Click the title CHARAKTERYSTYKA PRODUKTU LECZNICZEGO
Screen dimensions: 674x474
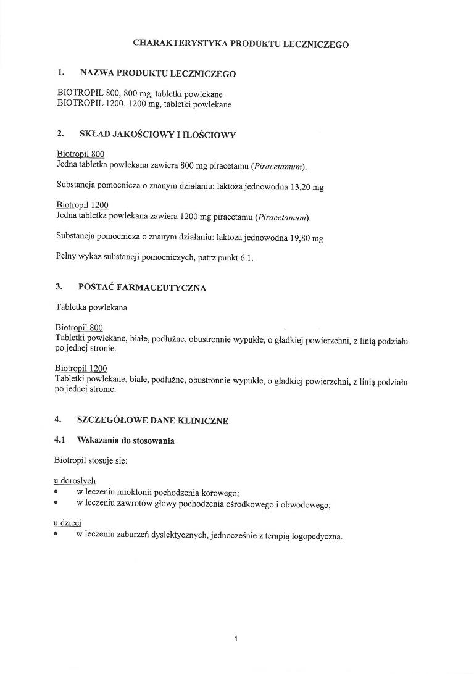tap(241, 44)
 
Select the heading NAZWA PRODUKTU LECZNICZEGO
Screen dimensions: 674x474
tap(158, 73)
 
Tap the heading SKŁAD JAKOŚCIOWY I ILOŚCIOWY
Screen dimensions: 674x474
tap(157, 134)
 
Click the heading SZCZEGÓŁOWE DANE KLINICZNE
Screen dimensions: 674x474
tap(152, 421)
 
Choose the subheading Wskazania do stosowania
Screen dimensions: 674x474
tap(125, 441)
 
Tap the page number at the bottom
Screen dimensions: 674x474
tap(236, 638)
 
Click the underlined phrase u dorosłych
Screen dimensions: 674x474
tap(75, 481)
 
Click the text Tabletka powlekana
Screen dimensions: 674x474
tap(91, 307)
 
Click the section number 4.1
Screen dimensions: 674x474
tap(61, 441)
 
